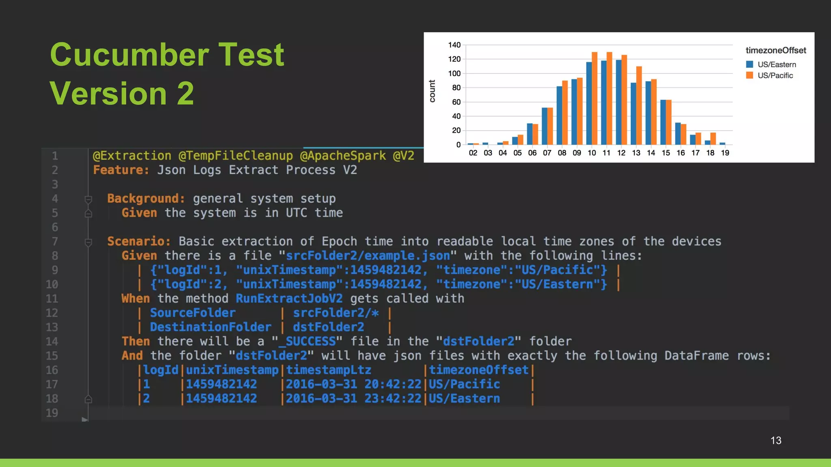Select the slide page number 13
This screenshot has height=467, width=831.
(775, 441)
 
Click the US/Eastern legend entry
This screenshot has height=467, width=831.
(776, 64)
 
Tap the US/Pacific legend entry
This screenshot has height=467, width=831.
(775, 75)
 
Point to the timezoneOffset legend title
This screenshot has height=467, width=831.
(775, 51)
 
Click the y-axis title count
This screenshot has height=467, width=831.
(432, 91)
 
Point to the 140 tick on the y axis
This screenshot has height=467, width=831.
(454, 45)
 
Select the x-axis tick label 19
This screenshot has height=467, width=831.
(725, 153)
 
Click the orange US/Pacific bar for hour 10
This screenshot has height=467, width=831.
(594, 99)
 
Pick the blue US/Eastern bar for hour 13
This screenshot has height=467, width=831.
(633, 114)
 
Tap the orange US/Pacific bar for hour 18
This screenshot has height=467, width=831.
(713, 139)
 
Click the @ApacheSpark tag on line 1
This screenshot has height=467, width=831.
(343, 156)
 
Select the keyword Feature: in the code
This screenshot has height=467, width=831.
(121, 170)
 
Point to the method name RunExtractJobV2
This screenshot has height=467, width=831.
(289, 299)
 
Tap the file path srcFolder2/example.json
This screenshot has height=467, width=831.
(368, 256)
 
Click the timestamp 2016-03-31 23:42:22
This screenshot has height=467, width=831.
(353, 399)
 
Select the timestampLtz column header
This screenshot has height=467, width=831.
(329, 370)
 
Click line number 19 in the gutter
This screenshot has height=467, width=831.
(52, 413)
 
